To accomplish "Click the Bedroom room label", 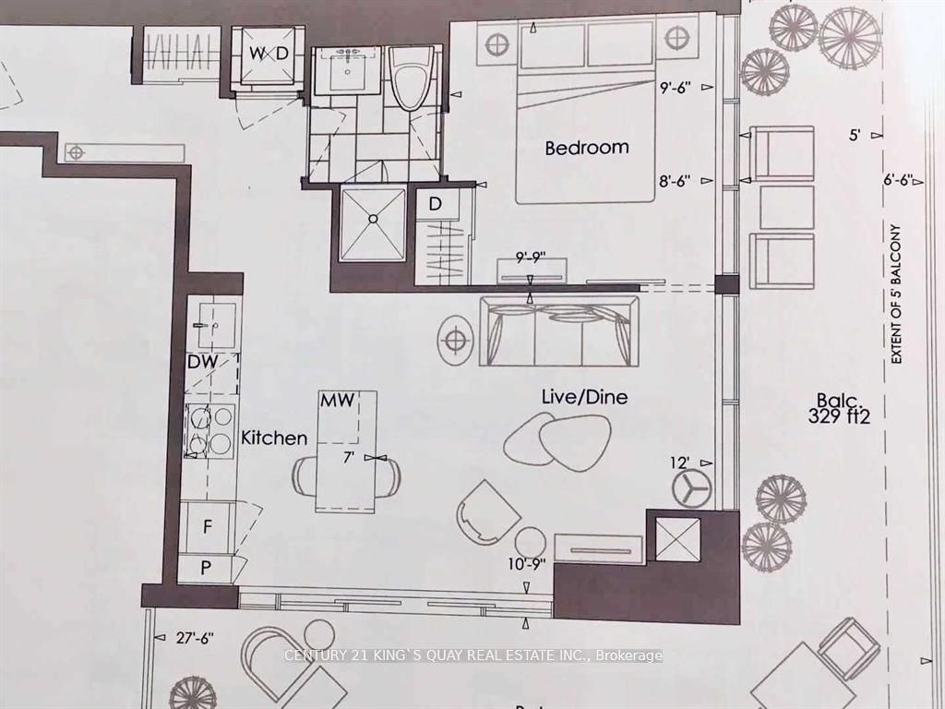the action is pyautogui.click(x=586, y=148).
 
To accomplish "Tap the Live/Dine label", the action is pyautogui.click(x=584, y=397).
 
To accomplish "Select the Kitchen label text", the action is pyautogui.click(x=274, y=438).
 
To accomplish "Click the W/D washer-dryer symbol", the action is pyautogui.click(x=269, y=54).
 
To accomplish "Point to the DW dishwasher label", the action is pyautogui.click(x=202, y=362).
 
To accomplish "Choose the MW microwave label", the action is pyautogui.click(x=338, y=401).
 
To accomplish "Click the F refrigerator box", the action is pyautogui.click(x=208, y=527).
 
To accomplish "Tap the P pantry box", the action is pyautogui.click(x=206, y=568).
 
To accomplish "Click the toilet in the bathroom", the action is pyautogui.click(x=411, y=78).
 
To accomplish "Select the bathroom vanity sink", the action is pyautogui.click(x=348, y=70).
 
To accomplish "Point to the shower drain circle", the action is pyautogui.click(x=374, y=219).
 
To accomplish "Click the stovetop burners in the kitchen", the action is pyautogui.click(x=209, y=430).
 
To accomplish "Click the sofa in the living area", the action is pyautogui.click(x=559, y=331).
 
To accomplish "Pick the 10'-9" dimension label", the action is pyautogui.click(x=527, y=564).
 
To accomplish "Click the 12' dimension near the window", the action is pyautogui.click(x=679, y=463).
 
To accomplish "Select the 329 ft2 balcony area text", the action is pyautogui.click(x=840, y=416).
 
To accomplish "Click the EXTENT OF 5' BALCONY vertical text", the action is pyautogui.click(x=896, y=294).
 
